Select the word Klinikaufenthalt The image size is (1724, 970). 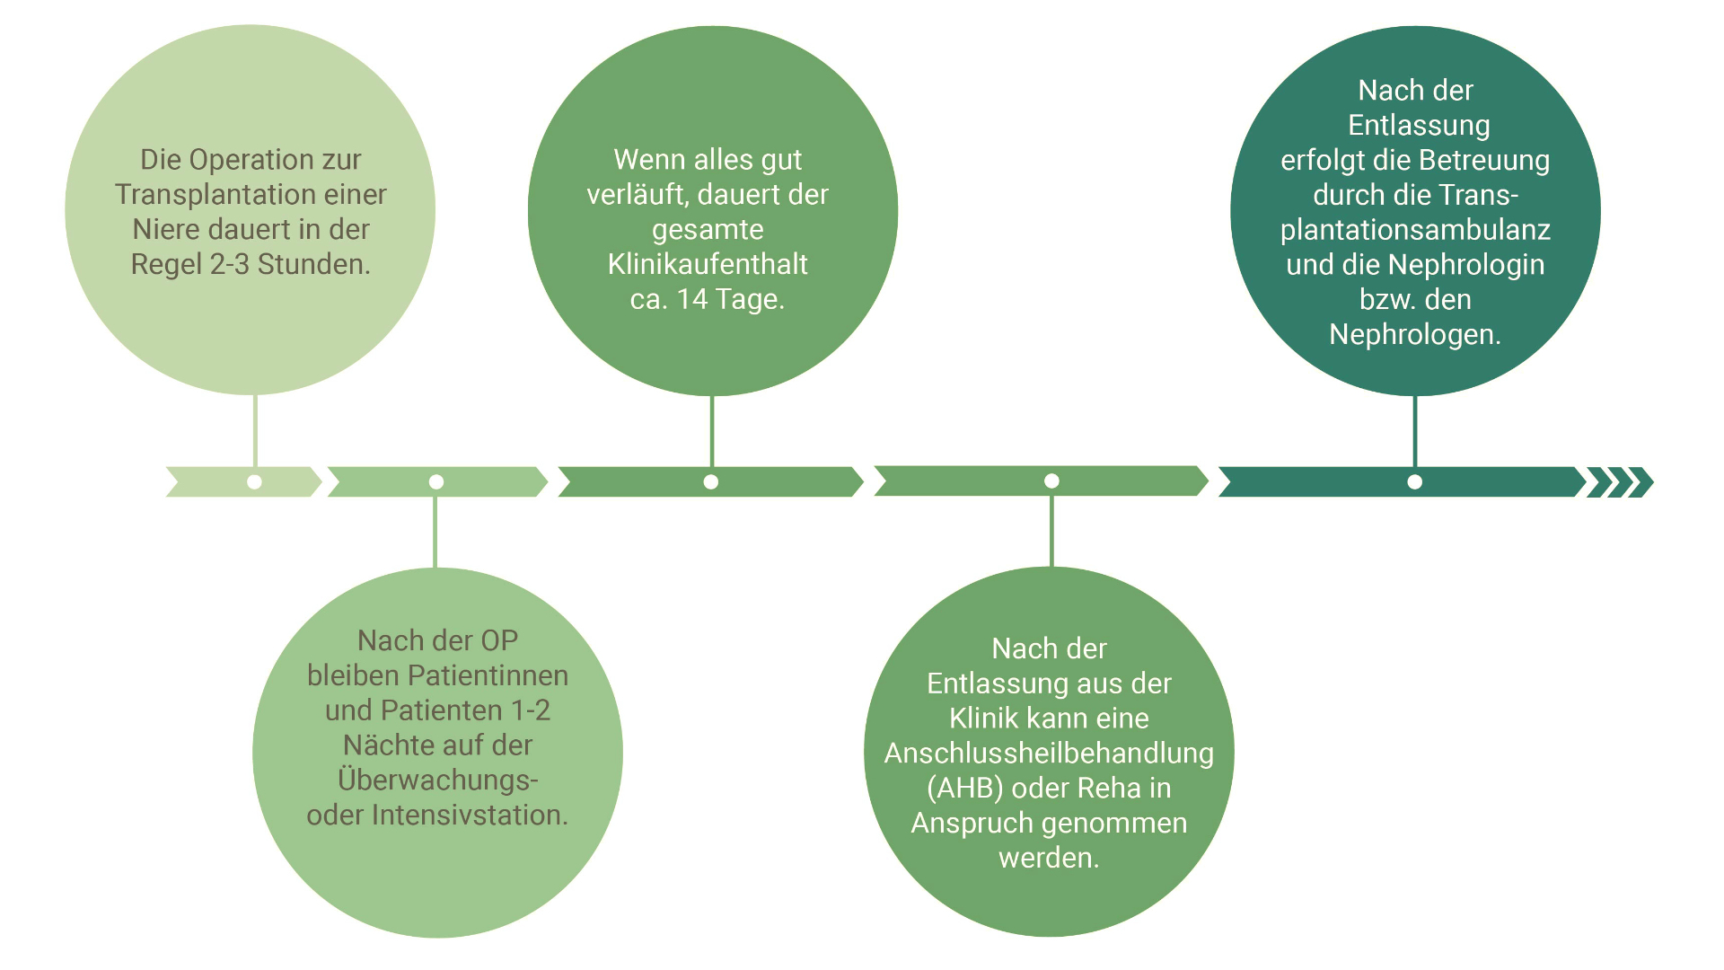[708, 265]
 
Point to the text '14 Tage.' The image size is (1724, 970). [731, 299]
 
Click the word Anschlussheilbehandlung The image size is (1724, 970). [1049, 754]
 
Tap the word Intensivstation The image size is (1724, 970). [470, 816]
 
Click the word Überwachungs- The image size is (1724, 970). [438, 780]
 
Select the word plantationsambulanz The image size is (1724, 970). [1415, 230]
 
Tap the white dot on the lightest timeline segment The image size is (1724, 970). [255, 482]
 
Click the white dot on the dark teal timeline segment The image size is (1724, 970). [1414, 482]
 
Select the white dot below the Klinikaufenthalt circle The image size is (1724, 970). [711, 482]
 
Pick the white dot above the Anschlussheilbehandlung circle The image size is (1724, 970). [1051, 481]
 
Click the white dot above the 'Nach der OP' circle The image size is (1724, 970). [436, 482]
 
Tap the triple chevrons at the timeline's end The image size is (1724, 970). [1621, 482]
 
